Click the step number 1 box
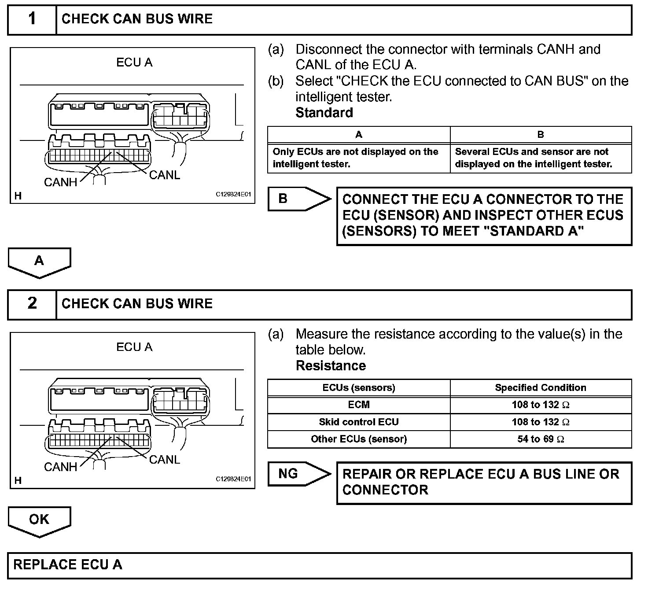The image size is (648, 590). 32,19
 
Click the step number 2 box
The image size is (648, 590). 32,303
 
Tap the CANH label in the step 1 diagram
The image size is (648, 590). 61,182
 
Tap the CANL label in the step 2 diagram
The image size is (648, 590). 165,460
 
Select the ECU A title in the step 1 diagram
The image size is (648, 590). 134,63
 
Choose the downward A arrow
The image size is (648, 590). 39,262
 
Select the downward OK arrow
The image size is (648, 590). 39,520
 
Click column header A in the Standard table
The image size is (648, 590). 359,135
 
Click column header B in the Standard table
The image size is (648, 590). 541,135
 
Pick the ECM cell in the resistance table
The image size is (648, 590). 359,405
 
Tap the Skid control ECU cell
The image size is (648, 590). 359,422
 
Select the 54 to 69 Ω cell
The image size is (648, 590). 541,439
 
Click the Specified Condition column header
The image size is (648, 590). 541,387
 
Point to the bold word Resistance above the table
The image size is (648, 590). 331,365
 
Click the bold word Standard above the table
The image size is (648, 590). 324,113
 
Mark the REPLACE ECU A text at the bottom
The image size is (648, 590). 68,565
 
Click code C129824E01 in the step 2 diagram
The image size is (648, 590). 233,479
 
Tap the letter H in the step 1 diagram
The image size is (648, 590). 18,195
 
